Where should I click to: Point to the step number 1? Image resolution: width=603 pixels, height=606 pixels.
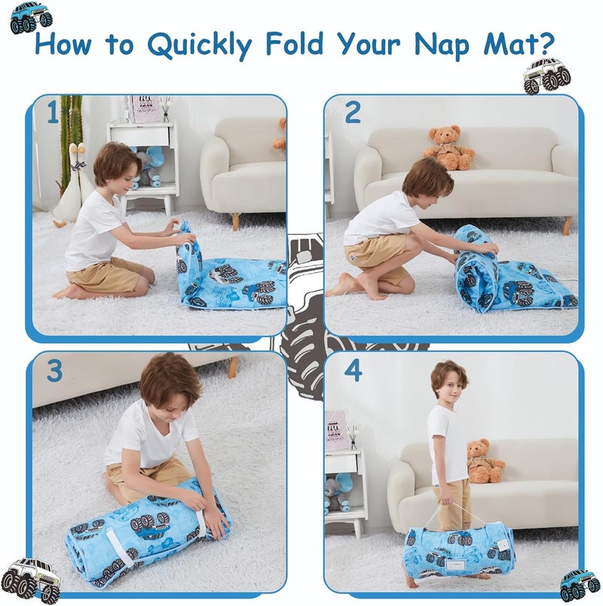53,113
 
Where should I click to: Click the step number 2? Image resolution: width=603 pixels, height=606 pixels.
353,112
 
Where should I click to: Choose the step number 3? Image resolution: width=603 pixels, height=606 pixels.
54,371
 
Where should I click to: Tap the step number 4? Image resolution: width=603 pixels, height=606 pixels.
353,370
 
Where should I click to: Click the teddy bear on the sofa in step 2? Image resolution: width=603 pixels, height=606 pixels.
450,147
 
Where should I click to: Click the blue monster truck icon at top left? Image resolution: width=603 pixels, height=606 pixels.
31,17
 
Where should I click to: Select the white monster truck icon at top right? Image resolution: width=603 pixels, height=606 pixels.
548,75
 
